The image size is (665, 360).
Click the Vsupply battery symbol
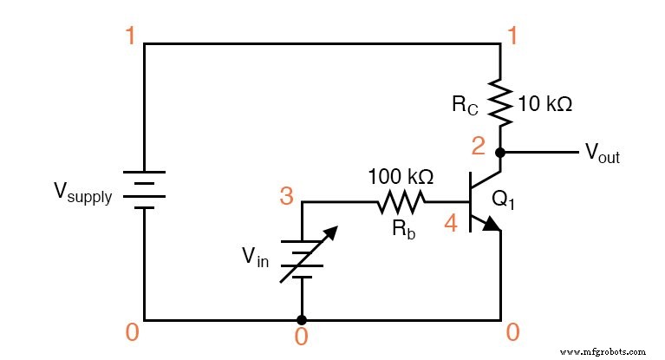(144, 189)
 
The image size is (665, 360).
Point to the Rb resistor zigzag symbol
(401, 203)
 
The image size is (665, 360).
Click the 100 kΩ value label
(400, 176)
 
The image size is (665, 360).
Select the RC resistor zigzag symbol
(500, 103)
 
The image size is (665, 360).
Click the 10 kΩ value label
(544, 105)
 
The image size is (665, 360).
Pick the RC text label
(465, 105)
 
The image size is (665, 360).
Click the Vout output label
(602, 154)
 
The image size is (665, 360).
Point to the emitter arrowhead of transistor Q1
(492, 225)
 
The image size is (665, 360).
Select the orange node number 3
(285, 196)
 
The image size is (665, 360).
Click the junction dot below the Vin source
(301, 319)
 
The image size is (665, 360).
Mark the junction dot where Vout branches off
(500, 152)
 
